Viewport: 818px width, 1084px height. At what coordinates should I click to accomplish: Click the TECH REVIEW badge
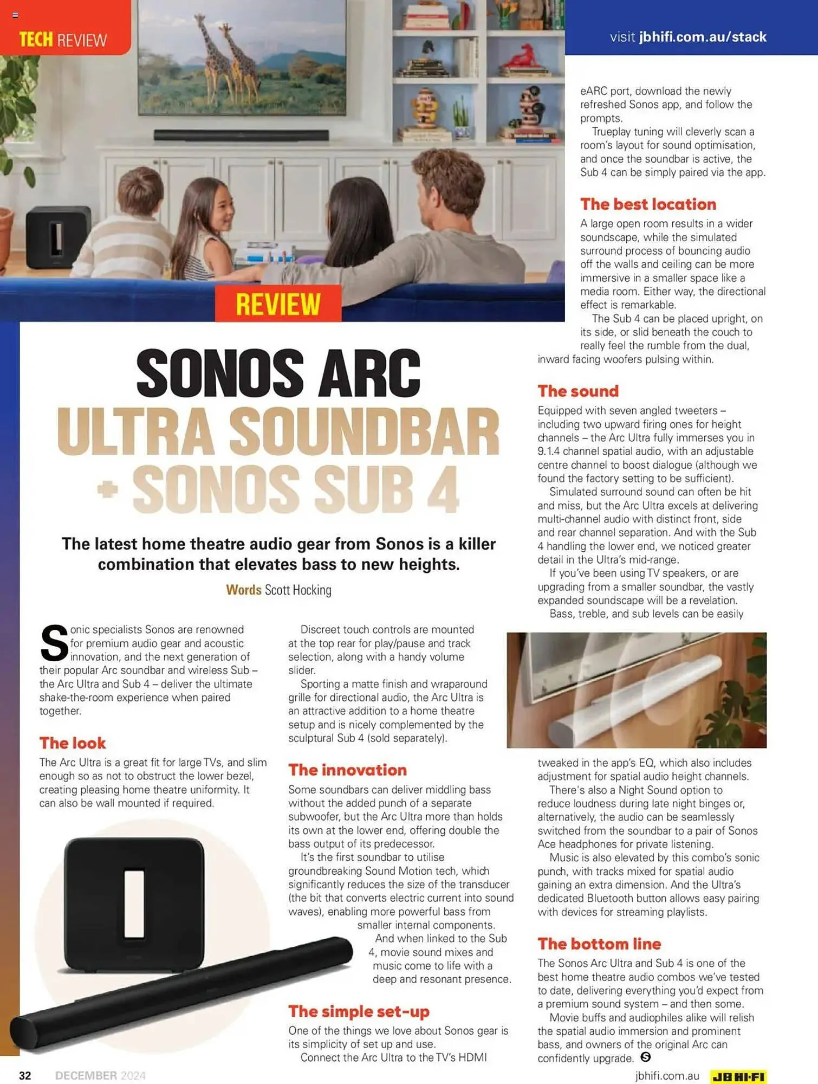63,39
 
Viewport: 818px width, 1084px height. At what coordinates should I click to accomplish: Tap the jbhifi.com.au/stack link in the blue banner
703,37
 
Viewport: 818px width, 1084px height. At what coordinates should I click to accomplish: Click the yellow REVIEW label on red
278,304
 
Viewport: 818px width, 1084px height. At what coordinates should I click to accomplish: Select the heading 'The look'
73,743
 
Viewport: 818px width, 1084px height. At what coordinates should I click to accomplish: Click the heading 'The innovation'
347,770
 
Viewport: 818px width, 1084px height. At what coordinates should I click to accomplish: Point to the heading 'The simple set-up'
359,1011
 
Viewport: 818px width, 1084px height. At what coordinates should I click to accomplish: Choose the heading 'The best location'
648,204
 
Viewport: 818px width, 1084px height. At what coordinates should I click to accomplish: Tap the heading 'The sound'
578,391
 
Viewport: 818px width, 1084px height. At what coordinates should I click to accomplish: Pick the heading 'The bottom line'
599,944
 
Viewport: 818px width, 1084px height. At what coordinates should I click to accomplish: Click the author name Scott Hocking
298,590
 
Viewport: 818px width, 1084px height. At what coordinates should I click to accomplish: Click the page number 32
25,1075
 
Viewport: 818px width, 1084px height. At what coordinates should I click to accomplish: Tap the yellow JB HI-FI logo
739,1076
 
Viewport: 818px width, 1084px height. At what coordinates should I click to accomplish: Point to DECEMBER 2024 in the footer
100,1075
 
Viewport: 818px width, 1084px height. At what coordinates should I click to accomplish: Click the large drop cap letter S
54,643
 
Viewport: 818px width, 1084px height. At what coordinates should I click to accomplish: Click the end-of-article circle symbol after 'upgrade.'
645,1057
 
